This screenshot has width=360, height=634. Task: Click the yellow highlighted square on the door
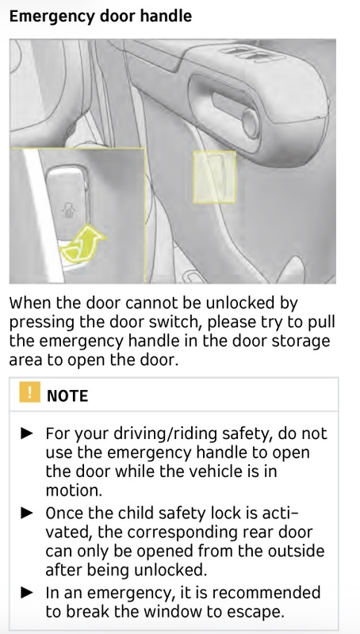(214, 177)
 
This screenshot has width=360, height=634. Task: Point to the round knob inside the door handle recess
(251, 123)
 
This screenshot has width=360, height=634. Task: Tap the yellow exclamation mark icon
(29, 391)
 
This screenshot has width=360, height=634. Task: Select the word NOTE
(67, 395)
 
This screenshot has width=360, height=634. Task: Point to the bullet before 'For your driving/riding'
(27, 433)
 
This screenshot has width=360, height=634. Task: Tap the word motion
(74, 491)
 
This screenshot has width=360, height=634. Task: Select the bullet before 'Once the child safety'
(27, 513)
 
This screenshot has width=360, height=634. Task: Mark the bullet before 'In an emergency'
(27, 593)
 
